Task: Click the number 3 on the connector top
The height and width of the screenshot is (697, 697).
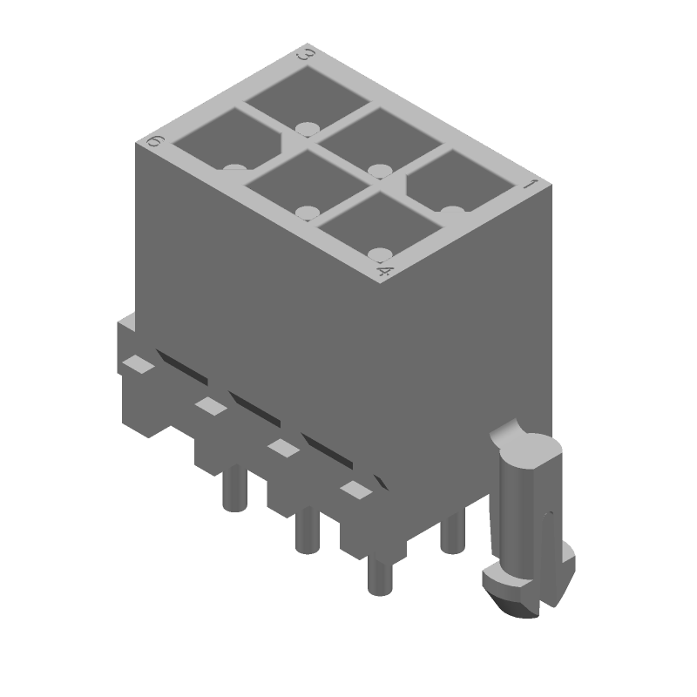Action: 306,55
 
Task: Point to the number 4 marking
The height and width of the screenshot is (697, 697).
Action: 384,273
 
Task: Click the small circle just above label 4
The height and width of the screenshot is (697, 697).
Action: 380,254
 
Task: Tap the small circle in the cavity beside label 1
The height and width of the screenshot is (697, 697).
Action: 450,211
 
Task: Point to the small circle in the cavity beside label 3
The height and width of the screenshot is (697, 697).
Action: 304,128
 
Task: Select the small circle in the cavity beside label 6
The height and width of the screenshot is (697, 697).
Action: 233,167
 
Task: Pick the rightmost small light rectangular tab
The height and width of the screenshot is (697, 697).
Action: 354,491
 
